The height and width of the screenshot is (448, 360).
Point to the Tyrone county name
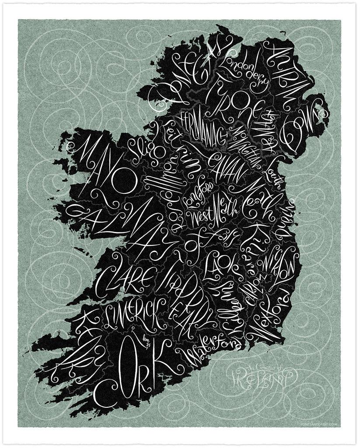[x=232, y=99]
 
